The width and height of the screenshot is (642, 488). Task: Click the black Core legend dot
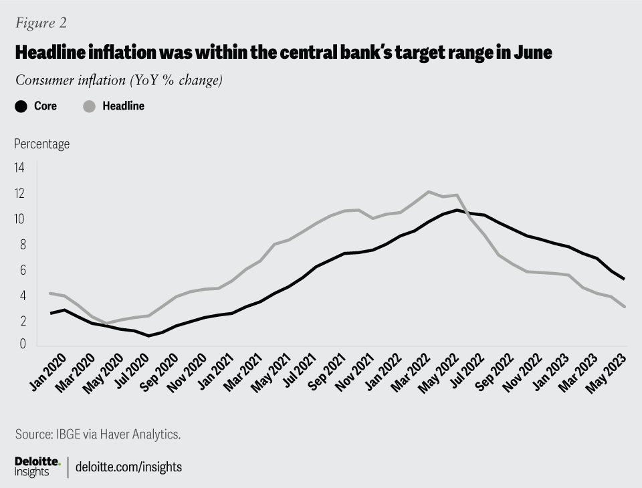pos(21,106)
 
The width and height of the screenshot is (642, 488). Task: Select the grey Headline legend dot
pos(89,106)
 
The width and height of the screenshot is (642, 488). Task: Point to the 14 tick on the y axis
pos(19,168)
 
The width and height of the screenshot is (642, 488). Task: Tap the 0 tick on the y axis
pos(22,345)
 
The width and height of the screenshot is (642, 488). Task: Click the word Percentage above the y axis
pos(41,144)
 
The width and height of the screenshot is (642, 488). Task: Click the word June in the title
pos(533,52)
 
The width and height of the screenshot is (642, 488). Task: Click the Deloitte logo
pos(37,467)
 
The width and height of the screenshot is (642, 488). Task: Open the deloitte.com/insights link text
pos(129,467)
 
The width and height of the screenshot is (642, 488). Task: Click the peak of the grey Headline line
pos(429,192)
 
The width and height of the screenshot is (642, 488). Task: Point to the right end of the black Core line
pos(625,279)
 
